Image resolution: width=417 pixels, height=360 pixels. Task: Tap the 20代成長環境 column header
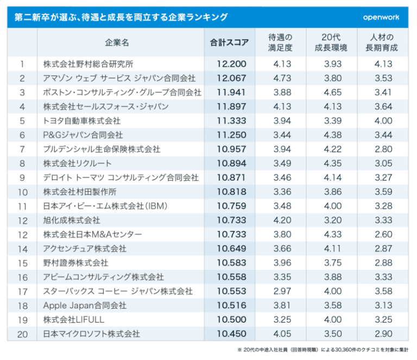tap(332, 42)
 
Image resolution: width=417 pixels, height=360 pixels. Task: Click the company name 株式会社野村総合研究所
tap(89, 64)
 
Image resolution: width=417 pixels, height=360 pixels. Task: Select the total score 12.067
tap(231, 78)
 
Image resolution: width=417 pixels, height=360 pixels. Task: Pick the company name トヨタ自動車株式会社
tap(82, 121)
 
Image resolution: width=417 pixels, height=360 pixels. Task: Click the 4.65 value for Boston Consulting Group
tap(332, 92)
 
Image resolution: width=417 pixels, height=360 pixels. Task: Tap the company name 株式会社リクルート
tap(78, 163)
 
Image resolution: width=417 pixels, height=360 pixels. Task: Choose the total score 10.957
tap(231, 149)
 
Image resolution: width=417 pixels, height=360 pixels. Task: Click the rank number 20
tap(22, 334)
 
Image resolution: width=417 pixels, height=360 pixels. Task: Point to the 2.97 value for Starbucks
tap(281, 292)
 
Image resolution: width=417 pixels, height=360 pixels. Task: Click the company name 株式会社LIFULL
tap(75, 320)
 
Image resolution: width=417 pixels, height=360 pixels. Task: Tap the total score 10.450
tap(231, 334)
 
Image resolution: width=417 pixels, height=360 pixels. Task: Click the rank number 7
tap(22, 149)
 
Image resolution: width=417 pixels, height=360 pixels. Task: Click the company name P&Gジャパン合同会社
tap(83, 135)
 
